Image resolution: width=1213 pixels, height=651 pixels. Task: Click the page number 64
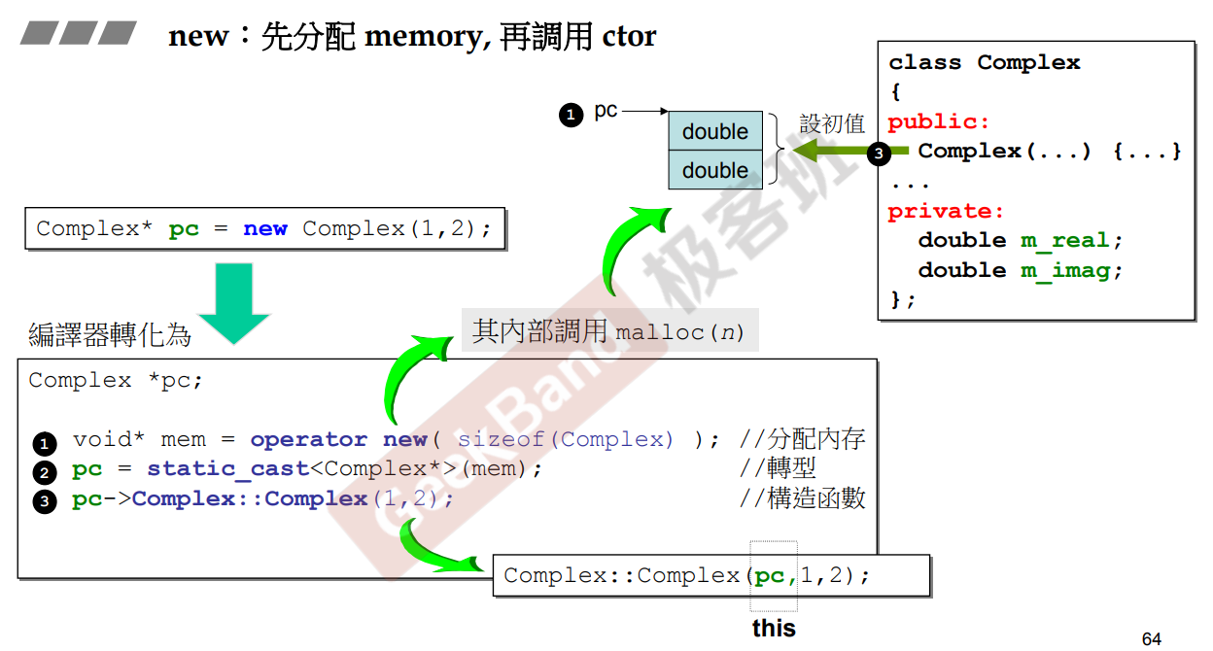point(1151,638)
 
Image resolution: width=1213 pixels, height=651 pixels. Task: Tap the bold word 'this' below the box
point(774,629)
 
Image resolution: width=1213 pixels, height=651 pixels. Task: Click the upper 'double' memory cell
point(714,131)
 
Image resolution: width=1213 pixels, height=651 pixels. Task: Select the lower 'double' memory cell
point(714,170)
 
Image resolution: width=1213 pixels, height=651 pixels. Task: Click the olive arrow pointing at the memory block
point(836,152)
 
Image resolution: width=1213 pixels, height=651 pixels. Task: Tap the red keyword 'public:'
point(938,122)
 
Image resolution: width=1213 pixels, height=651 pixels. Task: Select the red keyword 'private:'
point(945,212)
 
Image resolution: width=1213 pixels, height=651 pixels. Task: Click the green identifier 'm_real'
point(1065,241)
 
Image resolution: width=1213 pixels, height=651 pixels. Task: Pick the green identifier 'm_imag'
point(1065,271)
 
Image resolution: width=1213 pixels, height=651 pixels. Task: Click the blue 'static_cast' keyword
point(227,469)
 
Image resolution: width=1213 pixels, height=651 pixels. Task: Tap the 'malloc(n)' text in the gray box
point(679,333)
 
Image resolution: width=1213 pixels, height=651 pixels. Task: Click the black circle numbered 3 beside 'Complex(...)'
point(879,154)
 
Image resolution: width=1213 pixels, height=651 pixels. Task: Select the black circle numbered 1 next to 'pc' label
point(571,115)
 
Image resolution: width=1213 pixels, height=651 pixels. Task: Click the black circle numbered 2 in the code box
point(44,473)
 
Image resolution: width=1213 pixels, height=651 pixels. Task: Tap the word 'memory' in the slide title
point(424,37)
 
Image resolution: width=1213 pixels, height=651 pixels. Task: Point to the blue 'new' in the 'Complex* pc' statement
point(265,229)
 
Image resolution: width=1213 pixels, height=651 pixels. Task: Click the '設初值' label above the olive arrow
point(832,124)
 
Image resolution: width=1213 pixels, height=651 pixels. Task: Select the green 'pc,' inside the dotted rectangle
point(775,575)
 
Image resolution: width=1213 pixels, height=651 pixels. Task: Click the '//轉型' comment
point(777,469)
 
